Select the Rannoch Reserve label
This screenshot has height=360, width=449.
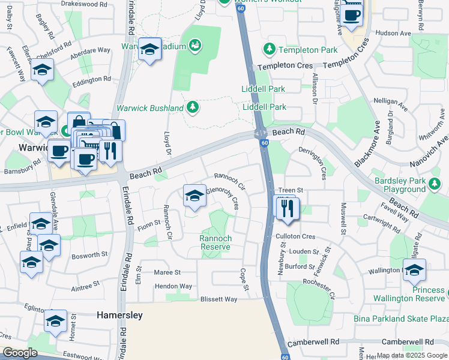pyautogui.click(x=215, y=242)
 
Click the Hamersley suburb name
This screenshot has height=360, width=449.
pyautogui.click(x=119, y=314)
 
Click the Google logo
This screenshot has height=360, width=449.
pyautogui.click(x=20, y=353)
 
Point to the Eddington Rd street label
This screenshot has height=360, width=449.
pyautogui.click(x=91, y=79)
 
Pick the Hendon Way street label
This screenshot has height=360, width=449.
pyautogui.click(x=173, y=286)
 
